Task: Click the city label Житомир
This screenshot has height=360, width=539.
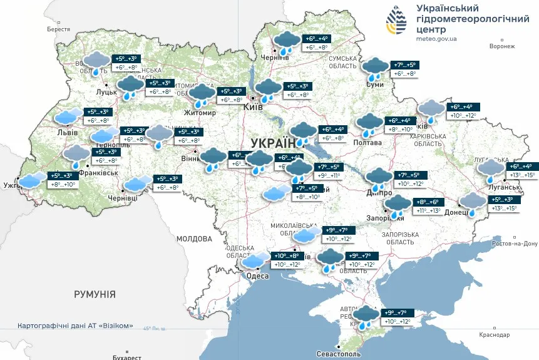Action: [199, 113]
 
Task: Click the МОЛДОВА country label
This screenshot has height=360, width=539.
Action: [195, 239]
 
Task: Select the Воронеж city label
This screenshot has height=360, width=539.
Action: [501, 46]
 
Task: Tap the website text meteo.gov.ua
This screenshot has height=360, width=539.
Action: [436, 38]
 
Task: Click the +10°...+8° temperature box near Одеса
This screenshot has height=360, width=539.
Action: [286, 256]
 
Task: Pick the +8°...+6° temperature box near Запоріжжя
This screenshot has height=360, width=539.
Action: [427, 203]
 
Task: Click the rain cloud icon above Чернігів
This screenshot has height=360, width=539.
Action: [287, 42]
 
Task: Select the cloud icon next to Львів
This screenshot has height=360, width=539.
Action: [67, 117]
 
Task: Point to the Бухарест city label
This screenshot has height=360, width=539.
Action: [123, 357]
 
